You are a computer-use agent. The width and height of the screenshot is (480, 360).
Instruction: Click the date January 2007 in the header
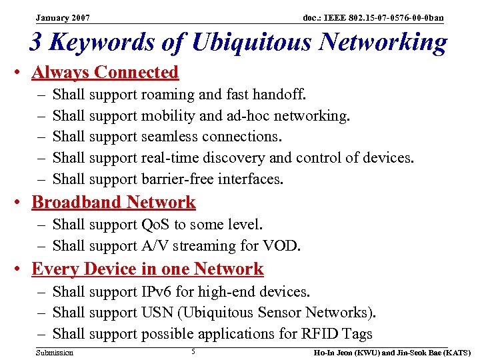tap(63, 17)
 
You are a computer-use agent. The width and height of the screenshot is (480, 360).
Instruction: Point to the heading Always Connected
tap(105, 72)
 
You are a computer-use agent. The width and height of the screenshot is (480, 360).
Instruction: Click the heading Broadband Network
tap(113, 202)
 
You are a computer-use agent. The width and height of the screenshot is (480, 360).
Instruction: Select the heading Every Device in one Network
tap(147, 269)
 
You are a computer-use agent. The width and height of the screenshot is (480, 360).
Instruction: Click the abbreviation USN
tap(158, 312)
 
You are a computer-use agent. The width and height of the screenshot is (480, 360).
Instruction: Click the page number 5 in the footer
tap(193, 351)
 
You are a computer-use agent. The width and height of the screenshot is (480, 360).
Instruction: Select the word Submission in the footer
tap(55, 352)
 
